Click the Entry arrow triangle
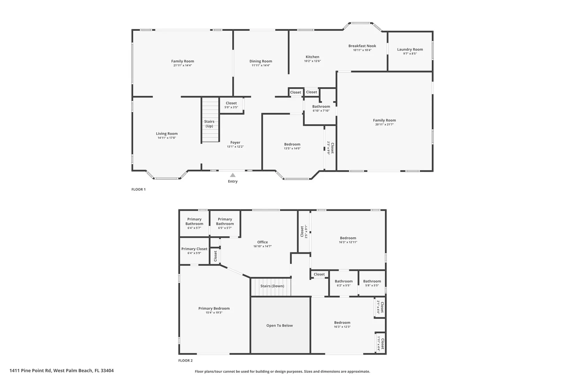[233, 175]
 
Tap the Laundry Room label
[410, 50]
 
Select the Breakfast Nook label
[362, 46]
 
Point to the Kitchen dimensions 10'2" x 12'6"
[312, 61]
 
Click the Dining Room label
[261, 61]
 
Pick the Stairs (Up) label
[209, 124]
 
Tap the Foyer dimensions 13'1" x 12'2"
[235, 147]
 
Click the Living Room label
[167, 134]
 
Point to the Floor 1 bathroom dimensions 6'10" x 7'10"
[321, 111]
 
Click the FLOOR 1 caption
[138, 190]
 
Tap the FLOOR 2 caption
[186, 361]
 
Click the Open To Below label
[279, 325]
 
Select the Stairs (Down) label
[272, 286]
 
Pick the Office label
[263, 242]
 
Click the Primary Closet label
[194, 249]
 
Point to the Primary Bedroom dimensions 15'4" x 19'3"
[214, 313]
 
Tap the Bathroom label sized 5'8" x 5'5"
[372, 281]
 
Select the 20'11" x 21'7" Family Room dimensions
[384, 124]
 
